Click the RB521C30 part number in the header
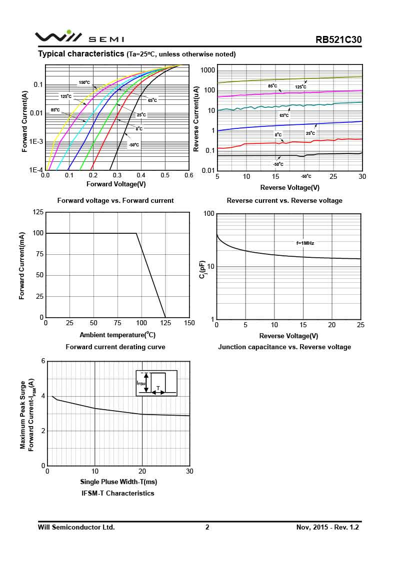point(338,40)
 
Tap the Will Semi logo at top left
point(79,37)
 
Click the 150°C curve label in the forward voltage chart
point(84,82)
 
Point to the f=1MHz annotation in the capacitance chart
point(305,243)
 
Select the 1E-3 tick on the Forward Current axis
point(36,142)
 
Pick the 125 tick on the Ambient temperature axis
point(165,323)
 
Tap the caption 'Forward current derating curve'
point(115,347)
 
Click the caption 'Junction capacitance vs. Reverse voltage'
point(284,347)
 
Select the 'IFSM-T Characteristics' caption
point(118,493)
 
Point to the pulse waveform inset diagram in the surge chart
point(156,384)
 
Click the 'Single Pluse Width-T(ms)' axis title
point(118,482)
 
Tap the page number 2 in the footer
point(207,527)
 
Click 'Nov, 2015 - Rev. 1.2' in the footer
point(327,527)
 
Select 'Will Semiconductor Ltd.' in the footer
point(76,527)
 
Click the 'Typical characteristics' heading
point(81,54)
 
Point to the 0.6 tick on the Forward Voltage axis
point(188,175)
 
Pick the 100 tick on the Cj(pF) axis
point(208,214)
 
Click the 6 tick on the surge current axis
point(43,361)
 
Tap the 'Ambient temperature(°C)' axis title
point(117,335)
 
